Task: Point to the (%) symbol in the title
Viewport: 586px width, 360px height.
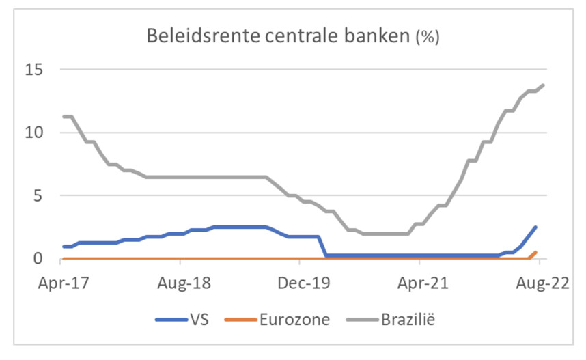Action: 427,37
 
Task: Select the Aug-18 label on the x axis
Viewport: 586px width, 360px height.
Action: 180,282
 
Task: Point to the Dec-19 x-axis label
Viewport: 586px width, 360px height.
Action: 299,282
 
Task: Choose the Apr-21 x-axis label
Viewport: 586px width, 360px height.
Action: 419,282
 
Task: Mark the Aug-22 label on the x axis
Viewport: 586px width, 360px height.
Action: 538,282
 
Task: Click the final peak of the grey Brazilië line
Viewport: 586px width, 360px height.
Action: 543,85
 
